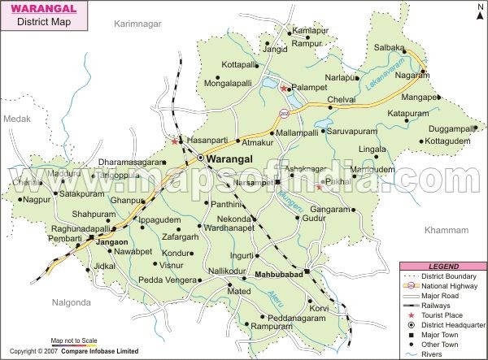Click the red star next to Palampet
pos(284,88)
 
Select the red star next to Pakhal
pos(319,187)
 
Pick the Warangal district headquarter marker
pos(199,158)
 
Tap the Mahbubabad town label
pos(277,274)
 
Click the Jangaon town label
pos(112,242)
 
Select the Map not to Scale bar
pos(73,342)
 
